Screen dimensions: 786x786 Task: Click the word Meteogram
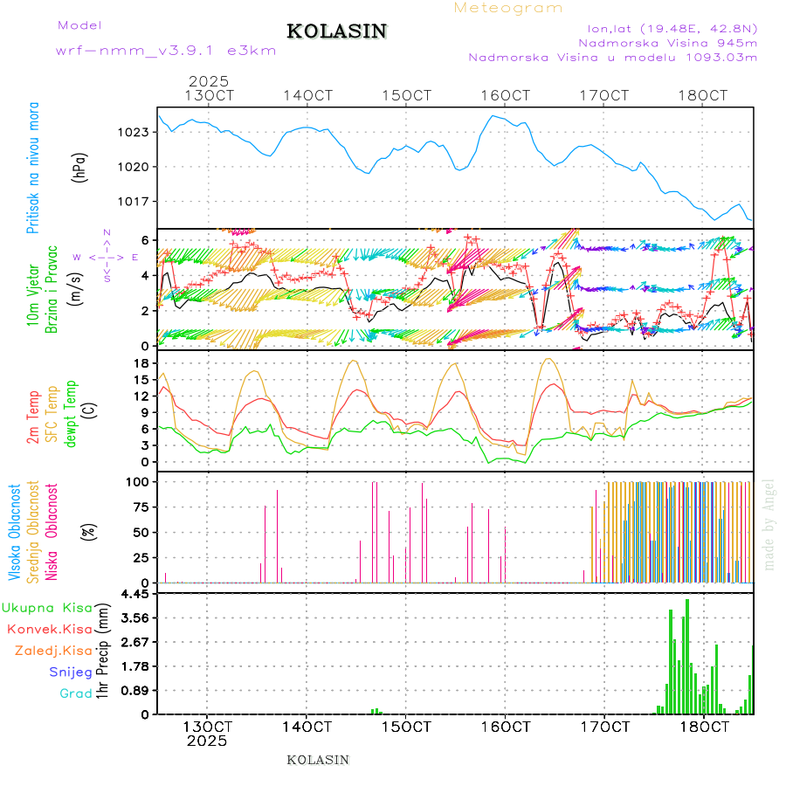tap(508, 8)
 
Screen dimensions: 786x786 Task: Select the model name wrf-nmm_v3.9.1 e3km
tap(166, 51)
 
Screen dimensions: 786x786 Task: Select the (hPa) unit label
tap(80, 167)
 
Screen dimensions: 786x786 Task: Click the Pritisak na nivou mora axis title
tap(33, 168)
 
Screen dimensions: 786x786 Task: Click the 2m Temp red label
tap(33, 418)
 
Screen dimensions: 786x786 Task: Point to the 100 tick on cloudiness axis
tap(139, 482)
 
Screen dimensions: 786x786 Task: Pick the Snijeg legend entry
tap(70, 672)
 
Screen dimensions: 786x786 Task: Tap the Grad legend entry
tap(75, 694)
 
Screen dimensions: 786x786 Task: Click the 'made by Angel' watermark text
tap(769, 524)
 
